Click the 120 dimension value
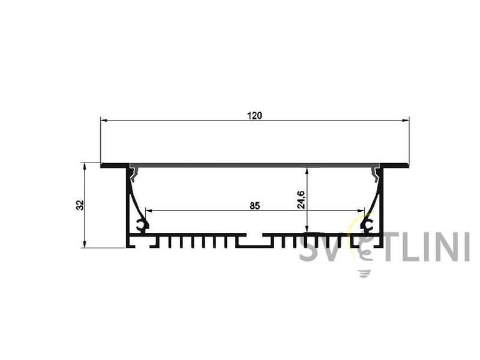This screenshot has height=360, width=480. tap(254, 115)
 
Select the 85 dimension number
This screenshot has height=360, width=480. tap(254, 206)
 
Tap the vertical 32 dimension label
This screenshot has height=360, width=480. tap(80, 205)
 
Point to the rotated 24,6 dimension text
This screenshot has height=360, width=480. tap(301, 200)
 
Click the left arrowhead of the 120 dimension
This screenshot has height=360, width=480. tap(104, 121)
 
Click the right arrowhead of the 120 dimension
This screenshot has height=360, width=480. tap(406, 121)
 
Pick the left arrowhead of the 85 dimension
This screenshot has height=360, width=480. tap(149, 211)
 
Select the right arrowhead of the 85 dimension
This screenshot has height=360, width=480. tap(361, 211)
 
